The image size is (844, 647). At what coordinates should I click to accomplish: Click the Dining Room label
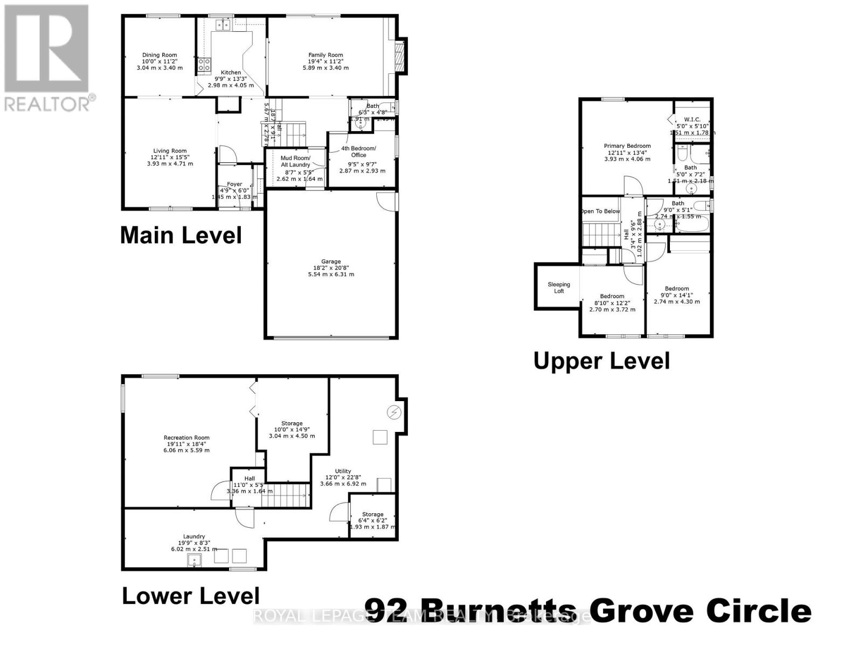click(x=160, y=55)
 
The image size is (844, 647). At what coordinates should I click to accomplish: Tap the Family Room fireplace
click(x=399, y=55)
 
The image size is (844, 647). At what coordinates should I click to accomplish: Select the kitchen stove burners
click(x=204, y=65)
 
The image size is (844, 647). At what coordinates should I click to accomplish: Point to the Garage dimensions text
click(x=331, y=274)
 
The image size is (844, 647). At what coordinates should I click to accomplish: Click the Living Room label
click(x=170, y=151)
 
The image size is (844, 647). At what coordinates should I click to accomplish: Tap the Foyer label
click(x=234, y=184)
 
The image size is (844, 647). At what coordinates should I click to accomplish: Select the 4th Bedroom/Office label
click(x=359, y=152)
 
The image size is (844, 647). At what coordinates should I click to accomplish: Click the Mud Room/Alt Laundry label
click(x=295, y=161)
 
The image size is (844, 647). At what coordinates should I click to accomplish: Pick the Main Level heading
click(x=181, y=236)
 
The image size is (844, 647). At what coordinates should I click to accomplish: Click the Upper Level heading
click(x=601, y=361)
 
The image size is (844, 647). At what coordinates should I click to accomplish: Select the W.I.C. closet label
click(x=692, y=119)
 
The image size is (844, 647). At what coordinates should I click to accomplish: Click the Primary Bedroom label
click(x=627, y=146)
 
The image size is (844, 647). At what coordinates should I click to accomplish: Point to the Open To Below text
click(x=600, y=211)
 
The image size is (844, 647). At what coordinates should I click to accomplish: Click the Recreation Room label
click(x=186, y=438)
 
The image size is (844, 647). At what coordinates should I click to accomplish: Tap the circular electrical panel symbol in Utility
click(x=395, y=412)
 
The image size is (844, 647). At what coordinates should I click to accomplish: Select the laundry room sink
click(x=194, y=561)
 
